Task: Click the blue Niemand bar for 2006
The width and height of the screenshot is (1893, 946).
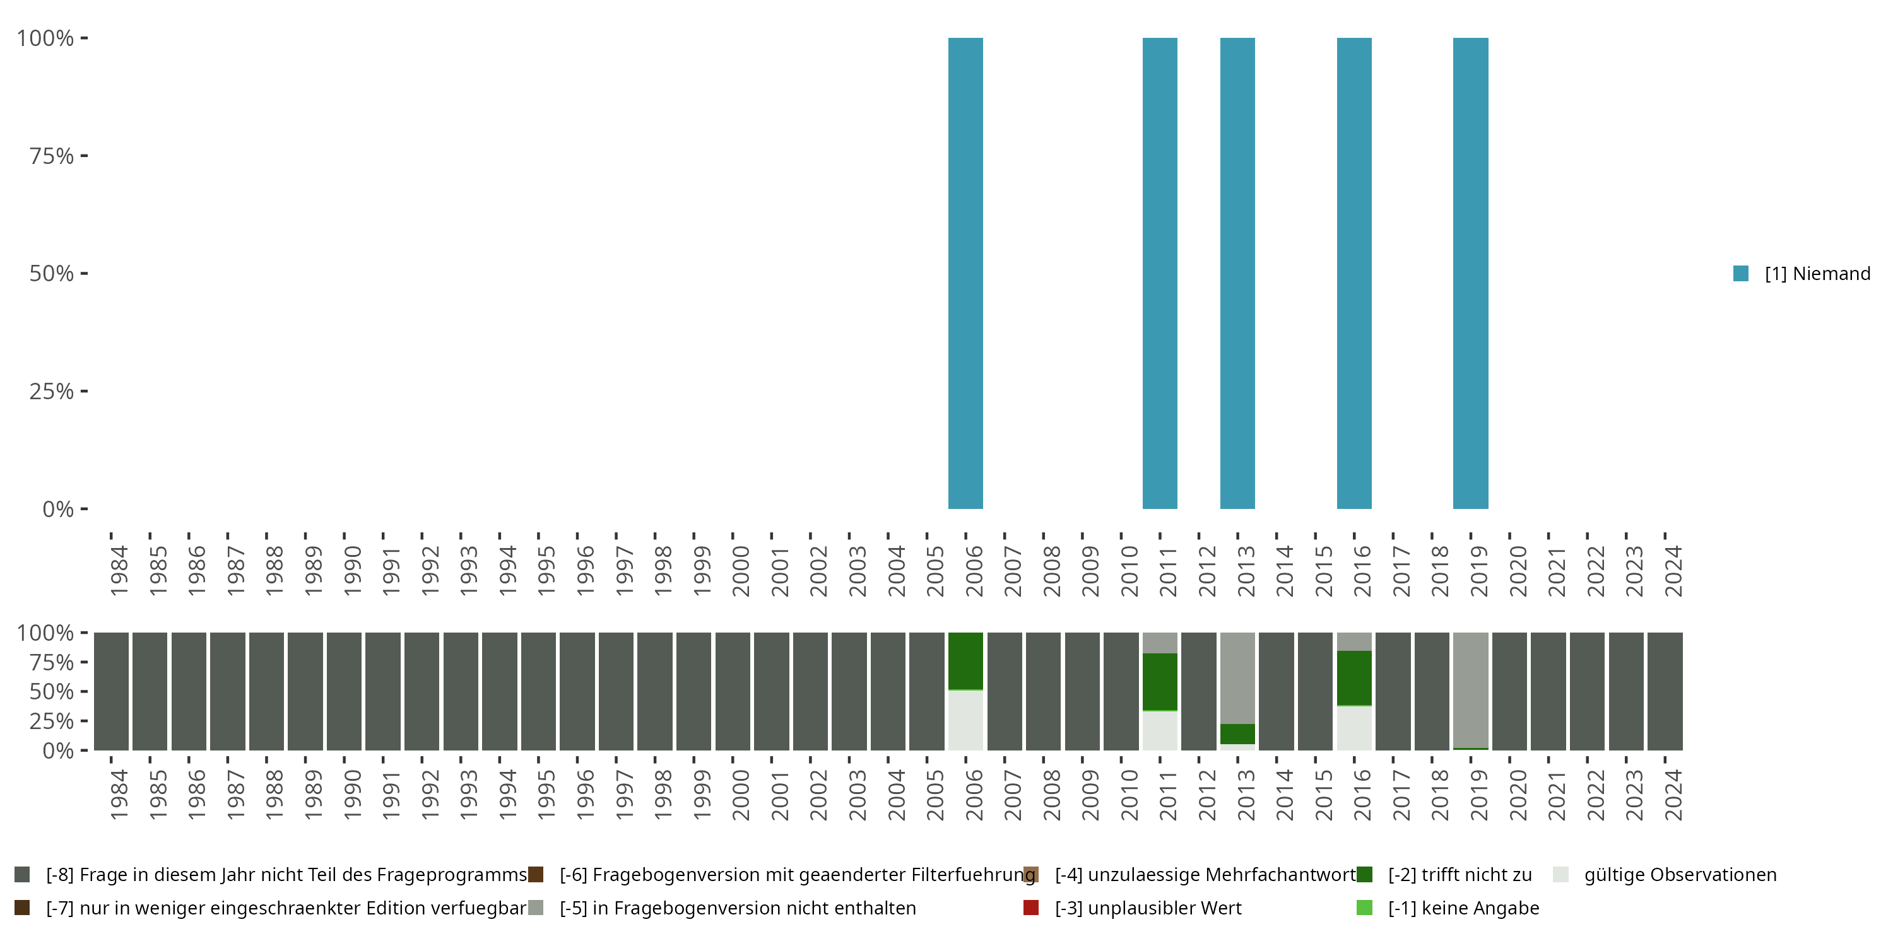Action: [965, 273]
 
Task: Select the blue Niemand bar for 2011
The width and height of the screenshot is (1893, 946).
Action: [1160, 273]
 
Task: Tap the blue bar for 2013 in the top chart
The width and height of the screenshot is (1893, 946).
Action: [1237, 273]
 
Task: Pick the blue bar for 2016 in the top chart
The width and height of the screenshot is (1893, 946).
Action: [1353, 273]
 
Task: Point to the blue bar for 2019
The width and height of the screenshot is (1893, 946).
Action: [1470, 273]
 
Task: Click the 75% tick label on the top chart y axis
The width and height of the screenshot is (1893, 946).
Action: [52, 156]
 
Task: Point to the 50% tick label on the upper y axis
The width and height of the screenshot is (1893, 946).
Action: [52, 274]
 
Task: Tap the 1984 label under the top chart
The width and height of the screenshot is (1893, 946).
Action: [119, 571]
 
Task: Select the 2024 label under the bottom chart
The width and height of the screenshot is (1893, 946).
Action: [1673, 795]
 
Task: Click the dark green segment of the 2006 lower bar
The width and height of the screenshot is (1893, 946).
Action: [965, 661]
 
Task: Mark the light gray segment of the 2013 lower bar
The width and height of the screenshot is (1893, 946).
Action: [1237, 677]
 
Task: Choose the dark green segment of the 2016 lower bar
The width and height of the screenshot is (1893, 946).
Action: [1353, 677]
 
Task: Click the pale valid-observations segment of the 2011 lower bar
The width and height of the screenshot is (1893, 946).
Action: [1160, 730]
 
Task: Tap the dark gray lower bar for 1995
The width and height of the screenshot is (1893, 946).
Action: [539, 691]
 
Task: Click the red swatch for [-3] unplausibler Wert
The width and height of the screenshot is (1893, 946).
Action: [1030, 908]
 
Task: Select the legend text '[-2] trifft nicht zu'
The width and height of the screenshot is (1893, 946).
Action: [1460, 875]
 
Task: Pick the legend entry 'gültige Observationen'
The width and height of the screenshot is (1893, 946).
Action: [1679, 875]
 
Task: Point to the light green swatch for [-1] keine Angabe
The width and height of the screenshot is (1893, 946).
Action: [1364, 908]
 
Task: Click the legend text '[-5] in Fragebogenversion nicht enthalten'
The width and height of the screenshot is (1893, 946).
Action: [737, 908]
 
